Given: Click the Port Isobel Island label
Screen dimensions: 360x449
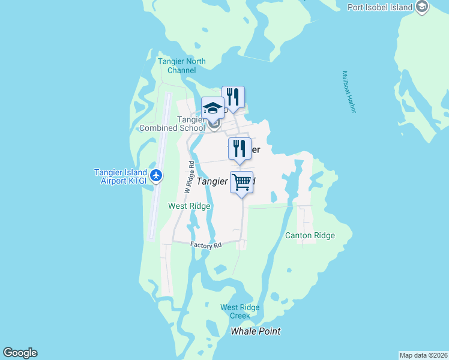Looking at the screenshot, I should [380, 7].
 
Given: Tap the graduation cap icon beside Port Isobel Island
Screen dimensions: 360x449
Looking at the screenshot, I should [422, 7].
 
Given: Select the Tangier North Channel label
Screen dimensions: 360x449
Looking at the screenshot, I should [181, 66].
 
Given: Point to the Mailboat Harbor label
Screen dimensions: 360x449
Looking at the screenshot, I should [349, 92].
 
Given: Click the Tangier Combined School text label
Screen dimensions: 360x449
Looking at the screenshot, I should [173, 123].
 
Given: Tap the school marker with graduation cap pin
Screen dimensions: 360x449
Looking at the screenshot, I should [212, 109].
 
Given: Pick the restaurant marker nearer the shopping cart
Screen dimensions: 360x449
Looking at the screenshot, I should [240, 148].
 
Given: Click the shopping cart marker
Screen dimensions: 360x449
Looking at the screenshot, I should [241, 182].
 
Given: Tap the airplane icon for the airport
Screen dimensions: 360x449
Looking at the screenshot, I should [157, 175].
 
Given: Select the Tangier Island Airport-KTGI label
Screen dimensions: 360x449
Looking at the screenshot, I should [121, 177].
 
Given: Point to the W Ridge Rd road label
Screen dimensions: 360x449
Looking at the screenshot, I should [188, 177].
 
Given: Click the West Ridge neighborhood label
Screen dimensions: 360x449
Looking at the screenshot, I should [189, 206].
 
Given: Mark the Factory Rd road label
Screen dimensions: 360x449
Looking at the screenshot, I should [206, 245].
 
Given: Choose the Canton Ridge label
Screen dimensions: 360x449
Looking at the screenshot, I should [310, 235].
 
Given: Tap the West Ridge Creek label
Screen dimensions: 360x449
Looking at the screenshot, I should [240, 311].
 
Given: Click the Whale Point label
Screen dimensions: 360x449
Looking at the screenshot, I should [256, 331].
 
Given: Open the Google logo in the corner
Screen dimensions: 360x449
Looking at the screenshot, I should [20, 353].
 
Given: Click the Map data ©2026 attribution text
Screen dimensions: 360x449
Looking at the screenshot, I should [423, 355].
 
